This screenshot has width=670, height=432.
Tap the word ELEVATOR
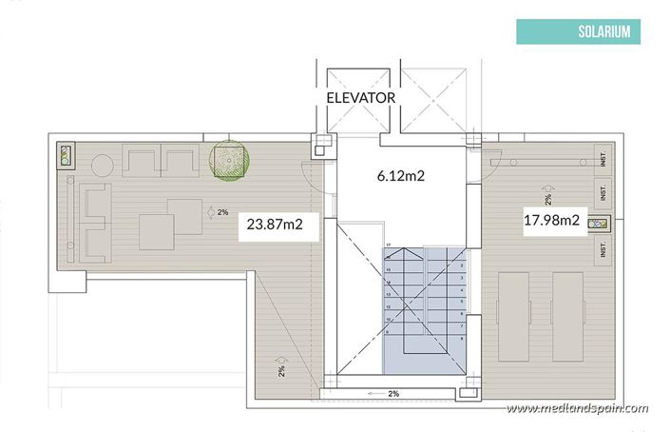tap(360, 98)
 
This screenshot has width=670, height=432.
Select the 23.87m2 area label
tap(276, 226)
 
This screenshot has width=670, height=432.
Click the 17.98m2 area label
tap(551, 221)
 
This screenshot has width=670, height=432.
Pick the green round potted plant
tap(228, 160)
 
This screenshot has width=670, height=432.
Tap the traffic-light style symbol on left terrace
tap(66, 157)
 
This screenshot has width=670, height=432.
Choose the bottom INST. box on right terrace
tap(602, 250)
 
